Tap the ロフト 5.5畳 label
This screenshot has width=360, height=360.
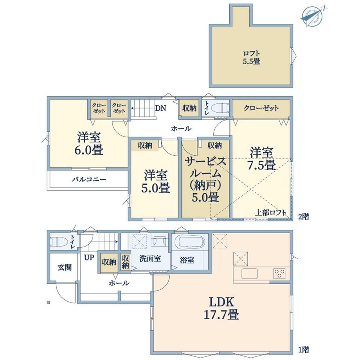[x=251, y=58]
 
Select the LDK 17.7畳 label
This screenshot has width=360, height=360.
[x=221, y=308]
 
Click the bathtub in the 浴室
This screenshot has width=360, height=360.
[x=189, y=243]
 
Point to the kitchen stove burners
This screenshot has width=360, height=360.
[x=279, y=274]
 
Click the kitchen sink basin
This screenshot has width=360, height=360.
[x=249, y=274]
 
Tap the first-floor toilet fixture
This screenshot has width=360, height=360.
[x=59, y=242]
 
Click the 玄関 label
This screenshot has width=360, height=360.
[x=65, y=267]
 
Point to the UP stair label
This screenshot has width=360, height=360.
[x=89, y=257]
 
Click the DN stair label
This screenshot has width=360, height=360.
[x=160, y=108]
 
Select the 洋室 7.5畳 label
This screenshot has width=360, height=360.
[x=261, y=158]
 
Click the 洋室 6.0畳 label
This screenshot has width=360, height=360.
[x=88, y=143]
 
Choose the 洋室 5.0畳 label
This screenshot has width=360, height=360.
[x=155, y=182]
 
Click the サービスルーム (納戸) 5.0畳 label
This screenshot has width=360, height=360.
[x=205, y=180]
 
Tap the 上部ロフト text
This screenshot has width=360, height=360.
[x=271, y=212]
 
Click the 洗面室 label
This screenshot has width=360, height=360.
[x=150, y=259]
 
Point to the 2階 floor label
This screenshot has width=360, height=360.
[x=304, y=216]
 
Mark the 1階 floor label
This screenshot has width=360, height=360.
[x=304, y=350]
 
